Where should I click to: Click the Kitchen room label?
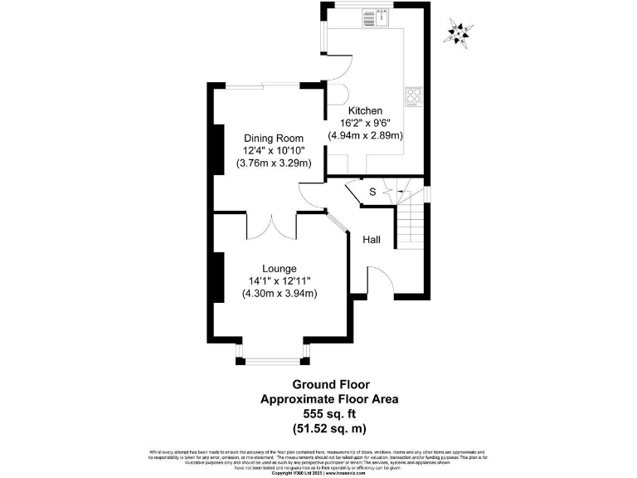[x=365, y=110]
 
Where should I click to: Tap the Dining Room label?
[x=273, y=138]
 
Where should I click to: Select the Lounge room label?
[x=280, y=268]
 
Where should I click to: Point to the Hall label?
[x=372, y=240]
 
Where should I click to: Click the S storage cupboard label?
[x=372, y=193]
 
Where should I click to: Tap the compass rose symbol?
[x=458, y=32]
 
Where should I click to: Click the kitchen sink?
[x=382, y=17]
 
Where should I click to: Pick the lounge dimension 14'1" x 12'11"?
[x=280, y=280]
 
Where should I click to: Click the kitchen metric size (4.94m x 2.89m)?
[x=365, y=135]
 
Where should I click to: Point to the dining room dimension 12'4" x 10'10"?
[x=274, y=150]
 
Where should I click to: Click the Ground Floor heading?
[x=330, y=385]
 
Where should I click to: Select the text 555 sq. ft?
[x=330, y=413]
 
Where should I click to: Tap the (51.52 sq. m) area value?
[x=330, y=428]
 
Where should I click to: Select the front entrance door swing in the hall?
[x=379, y=280]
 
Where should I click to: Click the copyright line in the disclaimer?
[x=318, y=473]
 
